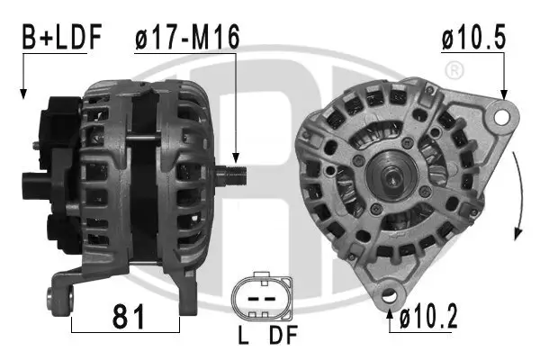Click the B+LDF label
pos(61,39)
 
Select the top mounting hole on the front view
pos(502,115)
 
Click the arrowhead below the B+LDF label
pos(22,94)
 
